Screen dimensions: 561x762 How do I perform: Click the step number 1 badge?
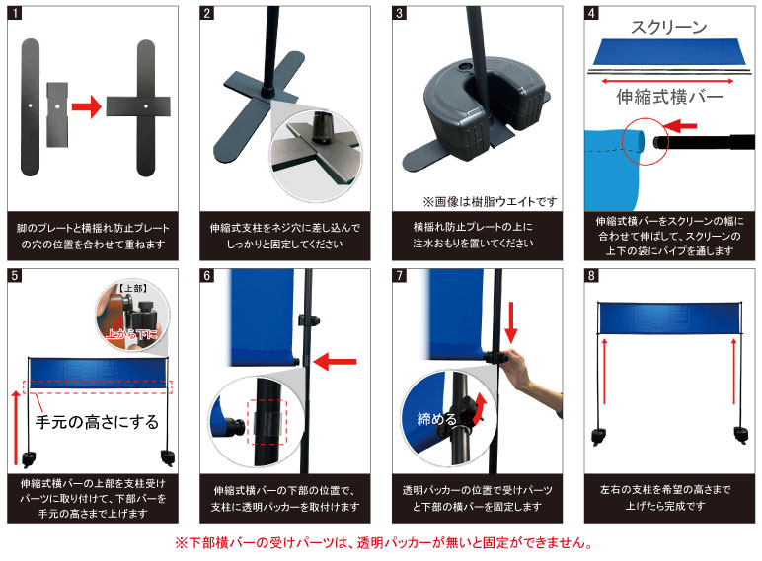(x=14, y=13)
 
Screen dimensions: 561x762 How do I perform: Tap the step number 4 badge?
(x=592, y=13)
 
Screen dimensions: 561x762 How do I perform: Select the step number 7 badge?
(x=400, y=277)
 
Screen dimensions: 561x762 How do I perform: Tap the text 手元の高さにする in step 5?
(x=97, y=422)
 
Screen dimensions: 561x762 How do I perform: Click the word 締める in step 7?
(x=435, y=418)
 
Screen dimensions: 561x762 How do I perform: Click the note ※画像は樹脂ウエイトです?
(x=490, y=201)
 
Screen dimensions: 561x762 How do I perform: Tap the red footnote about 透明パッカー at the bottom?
(x=380, y=543)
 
